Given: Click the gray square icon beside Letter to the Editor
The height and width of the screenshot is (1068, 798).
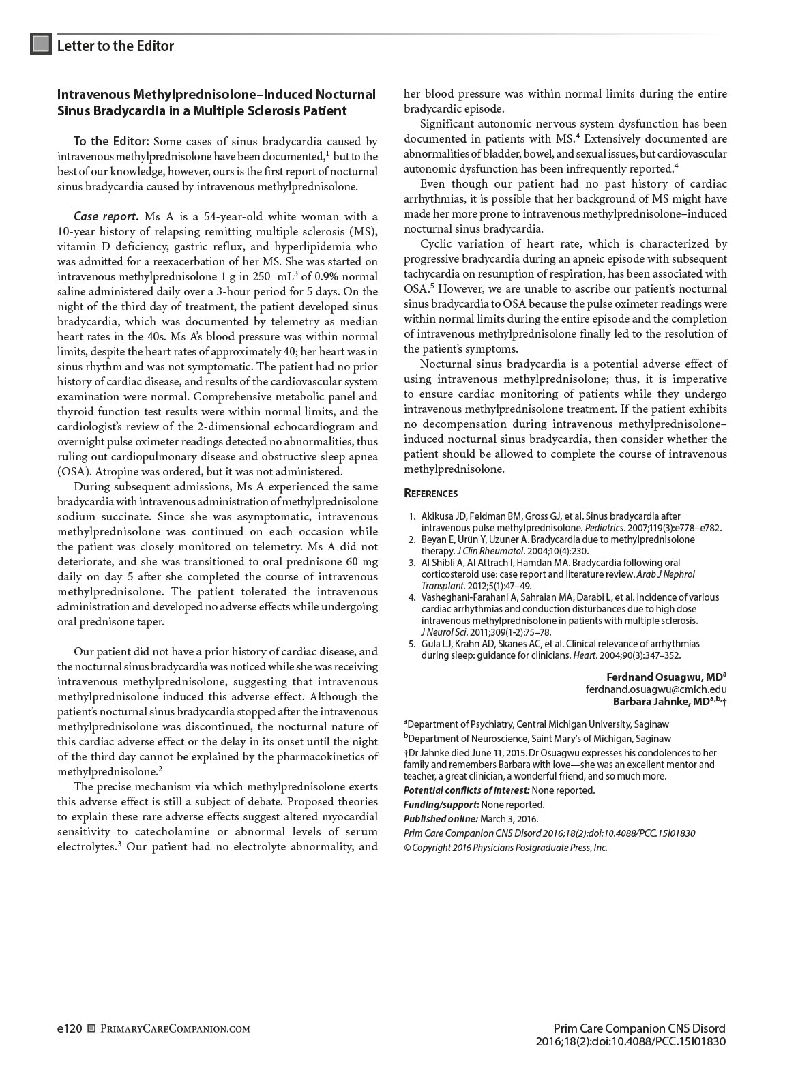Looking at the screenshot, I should pos(41,44).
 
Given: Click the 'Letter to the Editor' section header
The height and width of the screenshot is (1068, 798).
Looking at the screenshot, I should pos(115,46).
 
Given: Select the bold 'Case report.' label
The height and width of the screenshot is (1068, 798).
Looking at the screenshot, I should pos(106,217).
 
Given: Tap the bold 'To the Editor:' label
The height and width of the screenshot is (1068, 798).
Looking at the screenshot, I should pos(111,142).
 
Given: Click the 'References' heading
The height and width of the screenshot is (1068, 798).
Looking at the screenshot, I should pos(430,493).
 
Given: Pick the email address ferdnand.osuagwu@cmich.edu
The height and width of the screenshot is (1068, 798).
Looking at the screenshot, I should pos(656,689).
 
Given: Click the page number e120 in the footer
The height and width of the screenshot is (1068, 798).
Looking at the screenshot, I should pos(70,1028).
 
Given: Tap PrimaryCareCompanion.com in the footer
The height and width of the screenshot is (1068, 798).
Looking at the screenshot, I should pos(175,1028).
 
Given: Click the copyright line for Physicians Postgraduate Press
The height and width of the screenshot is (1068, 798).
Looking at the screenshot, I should pos(505,848).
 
